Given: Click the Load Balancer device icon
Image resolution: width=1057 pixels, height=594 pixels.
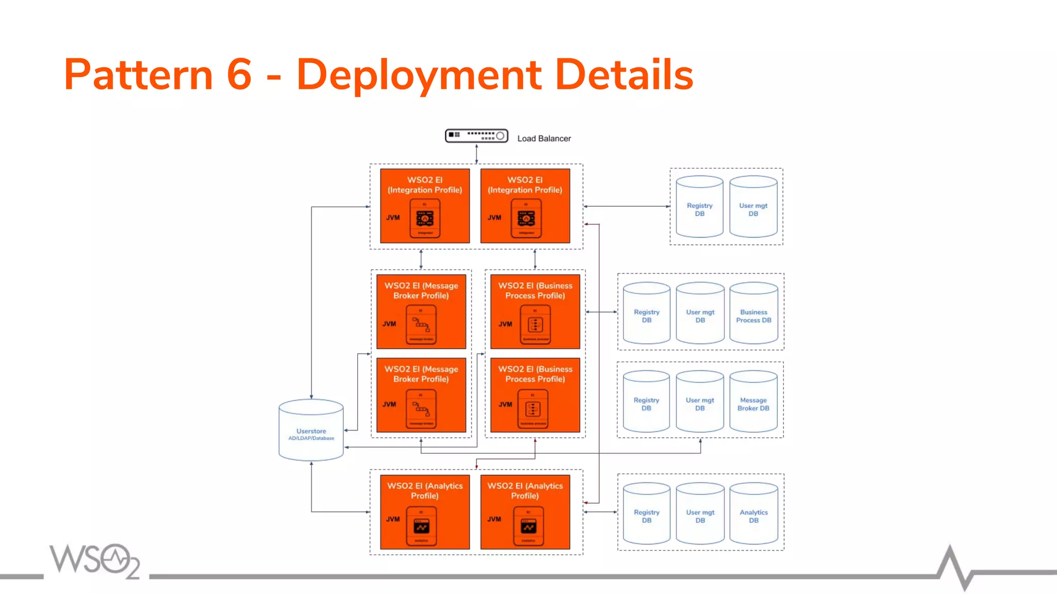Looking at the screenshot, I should (x=476, y=136).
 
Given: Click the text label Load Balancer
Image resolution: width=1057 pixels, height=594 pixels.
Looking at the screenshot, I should (x=544, y=138).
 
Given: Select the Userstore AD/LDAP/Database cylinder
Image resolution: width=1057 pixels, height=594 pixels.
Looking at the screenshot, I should (x=311, y=431).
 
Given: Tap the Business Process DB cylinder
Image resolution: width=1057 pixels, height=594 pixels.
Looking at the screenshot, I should (x=754, y=313).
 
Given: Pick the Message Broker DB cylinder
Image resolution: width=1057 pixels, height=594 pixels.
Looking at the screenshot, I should (x=753, y=401).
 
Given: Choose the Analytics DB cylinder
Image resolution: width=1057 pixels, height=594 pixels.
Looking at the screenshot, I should (x=754, y=514).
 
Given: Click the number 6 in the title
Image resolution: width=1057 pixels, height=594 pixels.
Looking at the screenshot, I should (x=239, y=75).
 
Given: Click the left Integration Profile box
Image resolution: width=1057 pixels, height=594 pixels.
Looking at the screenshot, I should (x=425, y=206).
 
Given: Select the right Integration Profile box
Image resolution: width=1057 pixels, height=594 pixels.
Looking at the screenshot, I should (x=525, y=206).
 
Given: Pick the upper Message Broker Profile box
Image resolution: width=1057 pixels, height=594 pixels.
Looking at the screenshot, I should (x=421, y=311).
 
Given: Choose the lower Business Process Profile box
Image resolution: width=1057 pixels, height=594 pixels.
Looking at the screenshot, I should (x=535, y=395).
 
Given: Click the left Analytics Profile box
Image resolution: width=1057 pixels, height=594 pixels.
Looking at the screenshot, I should (x=425, y=511).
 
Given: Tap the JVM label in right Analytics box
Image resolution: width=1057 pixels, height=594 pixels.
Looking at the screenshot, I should (x=494, y=519).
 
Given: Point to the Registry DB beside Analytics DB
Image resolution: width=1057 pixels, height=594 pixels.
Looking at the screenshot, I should (x=647, y=514).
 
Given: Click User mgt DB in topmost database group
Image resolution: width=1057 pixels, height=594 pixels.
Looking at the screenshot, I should (x=753, y=207).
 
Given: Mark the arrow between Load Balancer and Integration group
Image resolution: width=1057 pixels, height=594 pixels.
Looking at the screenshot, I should (x=476, y=154).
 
